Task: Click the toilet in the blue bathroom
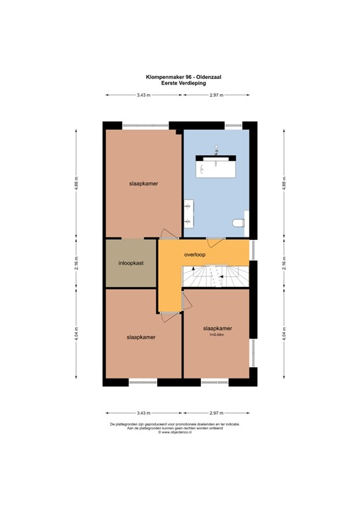(x=238, y=223)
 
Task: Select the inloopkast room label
(x=131, y=263)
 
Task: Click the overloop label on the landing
(x=195, y=254)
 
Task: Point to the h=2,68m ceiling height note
(x=217, y=334)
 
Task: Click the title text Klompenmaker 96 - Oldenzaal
(x=184, y=78)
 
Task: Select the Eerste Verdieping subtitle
(x=184, y=83)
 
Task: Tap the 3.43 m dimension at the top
(x=143, y=95)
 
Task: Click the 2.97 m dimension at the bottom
(x=217, y=413)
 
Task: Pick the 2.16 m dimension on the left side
(x=76, y=263)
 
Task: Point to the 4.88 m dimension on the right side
(x=284, y=184)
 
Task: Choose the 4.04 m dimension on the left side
(x=76, y=333)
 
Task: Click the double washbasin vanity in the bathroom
(x=188, y=213)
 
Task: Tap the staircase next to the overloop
(x=215, y=276)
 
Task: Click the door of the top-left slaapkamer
(x=169, y=234)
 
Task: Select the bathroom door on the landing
(x=215, y=243)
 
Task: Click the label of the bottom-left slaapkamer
(x=141, y=337)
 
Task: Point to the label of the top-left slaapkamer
(x=143, y=184)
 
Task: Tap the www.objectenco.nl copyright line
(x=174, y=432)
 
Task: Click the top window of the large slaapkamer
(x=145, y=125)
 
